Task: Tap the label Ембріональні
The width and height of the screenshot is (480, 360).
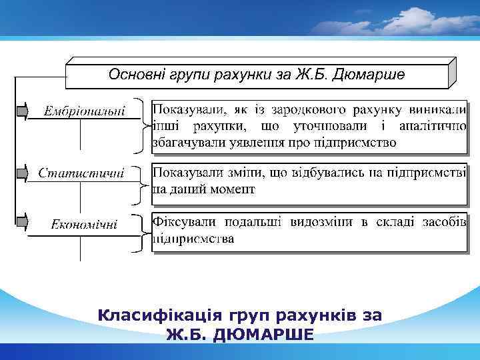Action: [x=85, y=111]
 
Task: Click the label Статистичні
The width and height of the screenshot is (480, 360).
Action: [x=81, y=173]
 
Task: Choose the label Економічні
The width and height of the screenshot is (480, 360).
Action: [x=85, y=224]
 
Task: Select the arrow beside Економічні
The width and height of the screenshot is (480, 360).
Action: [x=22, y=221]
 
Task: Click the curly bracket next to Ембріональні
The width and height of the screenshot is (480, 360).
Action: [x=139, y=125]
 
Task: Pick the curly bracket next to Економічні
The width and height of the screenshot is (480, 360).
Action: [x=139, y=233]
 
